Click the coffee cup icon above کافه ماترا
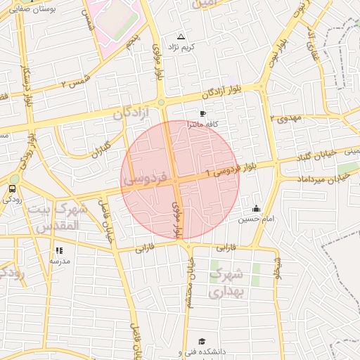[202, 113]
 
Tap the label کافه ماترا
[203, 124]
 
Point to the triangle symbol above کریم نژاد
[181, 36]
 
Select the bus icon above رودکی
[12, 188]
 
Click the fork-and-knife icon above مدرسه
[59, 250]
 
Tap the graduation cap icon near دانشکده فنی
[202, 341]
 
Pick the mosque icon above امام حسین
[256, 208]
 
